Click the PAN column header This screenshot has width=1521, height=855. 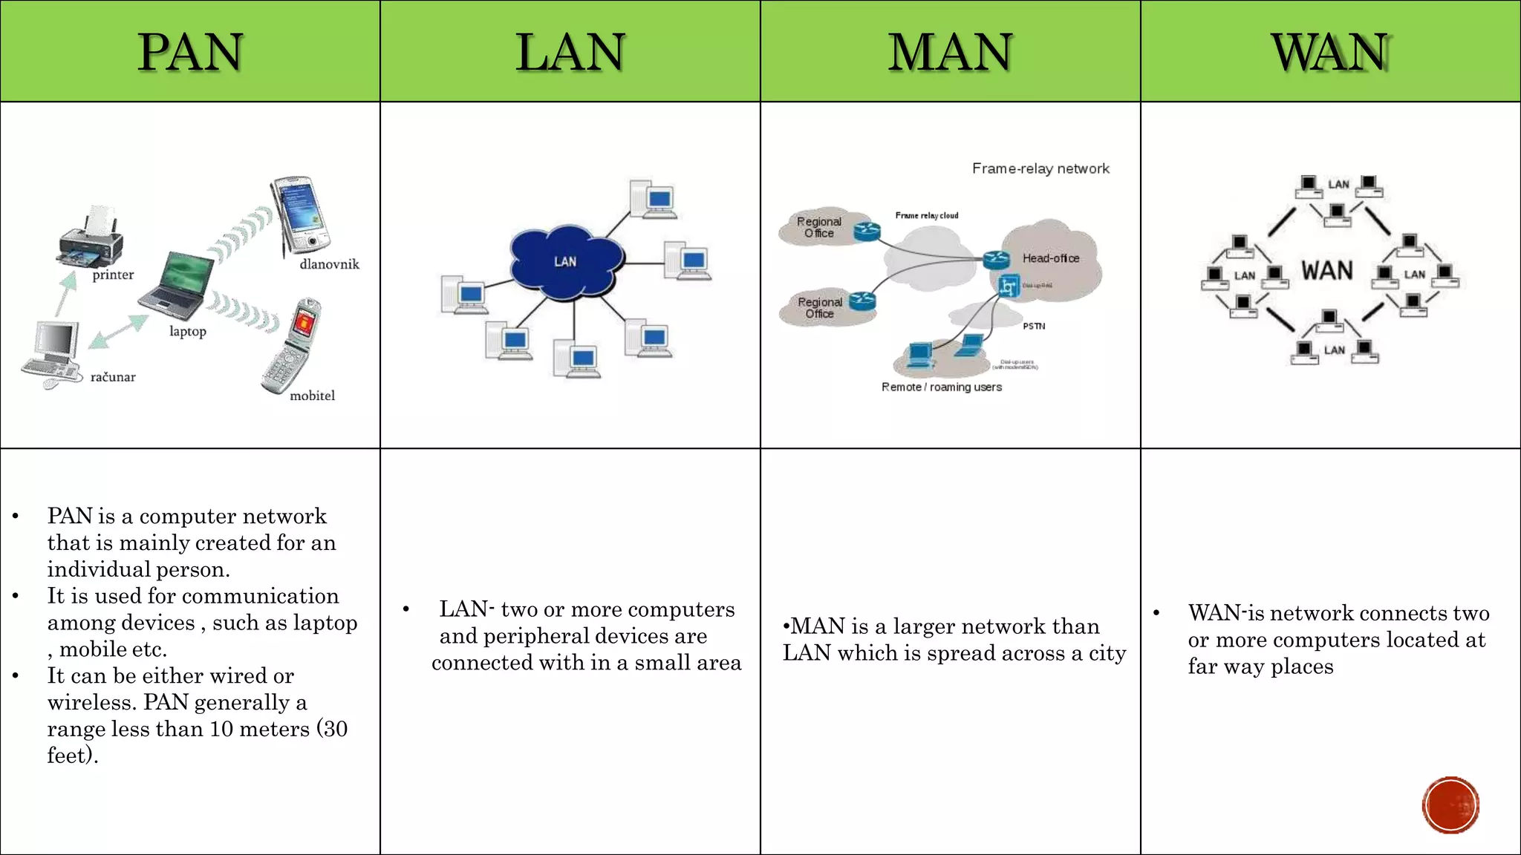coord(190,52)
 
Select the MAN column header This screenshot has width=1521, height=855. coord(950,52)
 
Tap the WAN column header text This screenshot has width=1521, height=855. coord(1330,52)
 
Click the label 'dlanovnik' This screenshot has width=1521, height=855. coord(329,264)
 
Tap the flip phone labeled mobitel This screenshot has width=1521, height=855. coord(292,345)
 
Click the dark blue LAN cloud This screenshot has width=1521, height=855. coord(566,261)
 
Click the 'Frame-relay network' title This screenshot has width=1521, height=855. coord(1040,168)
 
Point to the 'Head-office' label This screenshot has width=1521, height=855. coord(1050,258)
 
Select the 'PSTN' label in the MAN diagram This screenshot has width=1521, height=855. coord(1034,326)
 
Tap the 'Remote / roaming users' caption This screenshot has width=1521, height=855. coord(941,387)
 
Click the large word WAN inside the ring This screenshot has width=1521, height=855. coord(1327,270)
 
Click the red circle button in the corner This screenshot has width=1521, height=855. coord(1450,805)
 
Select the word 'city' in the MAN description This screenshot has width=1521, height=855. coord(1107,653)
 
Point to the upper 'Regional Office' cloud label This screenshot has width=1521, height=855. coord(819,227)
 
